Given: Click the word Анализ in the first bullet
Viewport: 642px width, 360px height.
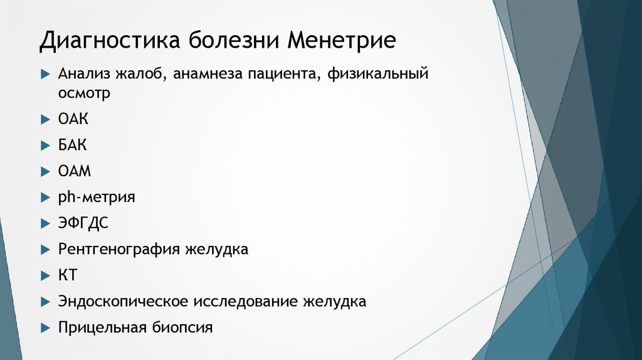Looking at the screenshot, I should pos(84,75).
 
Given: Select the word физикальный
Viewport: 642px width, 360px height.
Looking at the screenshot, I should pos(377,75).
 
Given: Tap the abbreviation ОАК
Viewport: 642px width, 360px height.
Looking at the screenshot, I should pos(73,119).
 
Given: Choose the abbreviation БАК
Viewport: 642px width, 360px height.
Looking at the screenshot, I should pos(73,145).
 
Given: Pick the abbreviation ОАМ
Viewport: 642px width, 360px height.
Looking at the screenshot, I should pos(75,171).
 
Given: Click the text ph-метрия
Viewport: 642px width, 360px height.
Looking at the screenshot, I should pos(97,197).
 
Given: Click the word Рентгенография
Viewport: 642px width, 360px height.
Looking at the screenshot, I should pos(118,249).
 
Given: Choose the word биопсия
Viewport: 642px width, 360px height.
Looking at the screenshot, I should pos(182,327).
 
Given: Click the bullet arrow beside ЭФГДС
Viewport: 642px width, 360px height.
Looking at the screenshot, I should pos(45,223).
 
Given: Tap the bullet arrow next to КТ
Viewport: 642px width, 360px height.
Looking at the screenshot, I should pos(45,275).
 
